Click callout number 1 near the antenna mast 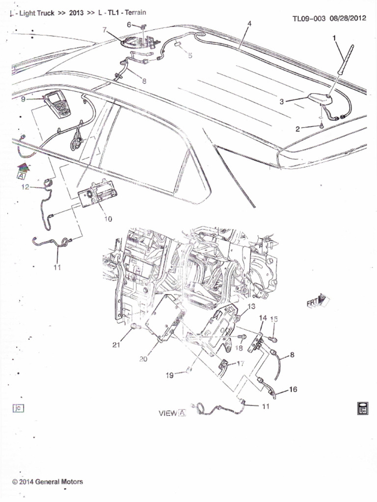tap(334, 37)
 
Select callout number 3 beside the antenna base tap(282, 101)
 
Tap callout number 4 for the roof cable tap(249, 24)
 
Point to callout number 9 tap(23, 99)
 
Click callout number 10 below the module tap(108, 219)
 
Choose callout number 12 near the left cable tap(25, 187)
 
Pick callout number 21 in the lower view tap(116, 345)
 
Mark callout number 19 tap(169, 376)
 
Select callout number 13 tap(251, 306)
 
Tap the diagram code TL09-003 tap(309, 19)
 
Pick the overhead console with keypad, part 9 tap(57, 103)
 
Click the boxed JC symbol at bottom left tap(17, 408)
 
